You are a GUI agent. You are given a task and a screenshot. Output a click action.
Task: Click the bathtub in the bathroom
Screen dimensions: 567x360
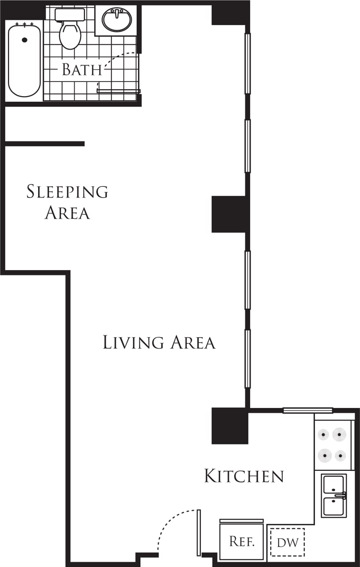tap(24, 60)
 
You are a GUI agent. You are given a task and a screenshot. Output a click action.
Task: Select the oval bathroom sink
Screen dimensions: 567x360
tap(117, 20)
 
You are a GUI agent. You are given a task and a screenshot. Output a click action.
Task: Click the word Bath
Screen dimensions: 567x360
tap(82, 70)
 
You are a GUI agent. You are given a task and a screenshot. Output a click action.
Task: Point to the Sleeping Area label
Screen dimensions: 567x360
tap(67, 202)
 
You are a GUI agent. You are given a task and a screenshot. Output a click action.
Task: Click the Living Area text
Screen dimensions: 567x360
tap(159, 342)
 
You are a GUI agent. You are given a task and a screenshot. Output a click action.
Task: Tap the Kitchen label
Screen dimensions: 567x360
tap(244, 476)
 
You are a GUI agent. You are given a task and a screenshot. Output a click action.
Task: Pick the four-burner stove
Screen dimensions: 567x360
tap(333, 445)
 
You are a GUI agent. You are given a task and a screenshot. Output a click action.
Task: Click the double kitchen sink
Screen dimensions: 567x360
tap(334, 495)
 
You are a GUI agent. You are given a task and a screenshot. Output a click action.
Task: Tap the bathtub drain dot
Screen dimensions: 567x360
tap(24, 40)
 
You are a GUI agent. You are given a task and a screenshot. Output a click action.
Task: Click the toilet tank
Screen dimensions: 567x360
tap(70, 15)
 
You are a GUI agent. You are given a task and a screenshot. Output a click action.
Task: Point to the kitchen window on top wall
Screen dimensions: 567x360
tap(308, 410)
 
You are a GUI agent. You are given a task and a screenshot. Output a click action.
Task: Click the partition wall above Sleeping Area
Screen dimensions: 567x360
tap(44, 144)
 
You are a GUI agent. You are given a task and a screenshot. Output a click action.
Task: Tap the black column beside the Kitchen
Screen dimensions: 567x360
tap(229, 426)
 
